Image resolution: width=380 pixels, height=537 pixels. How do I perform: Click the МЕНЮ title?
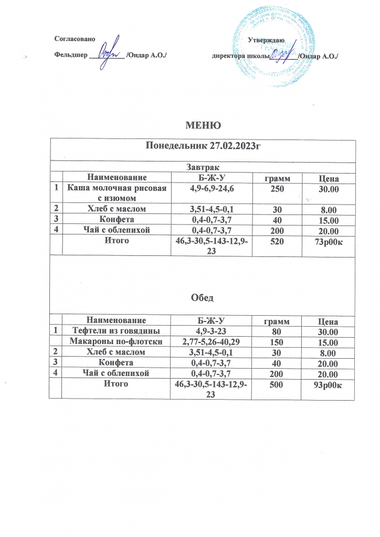click(x=201, y=125)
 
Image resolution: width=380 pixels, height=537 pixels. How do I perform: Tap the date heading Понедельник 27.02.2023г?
click(x=203, y=146)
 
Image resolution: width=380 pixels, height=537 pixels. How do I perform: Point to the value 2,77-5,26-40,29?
click(x=212, y=342)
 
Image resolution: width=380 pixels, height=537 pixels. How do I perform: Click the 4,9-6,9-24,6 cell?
click(x=212, y=188)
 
